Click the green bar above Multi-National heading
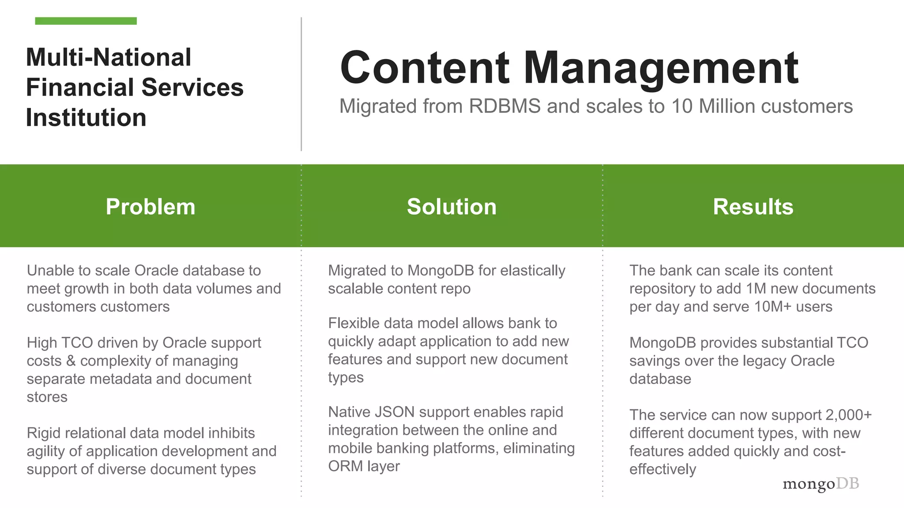(86, 21)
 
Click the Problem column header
(150, 206)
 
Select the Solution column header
(452, 206)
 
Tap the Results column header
(753, 206)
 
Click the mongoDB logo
(821, 484)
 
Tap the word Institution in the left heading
(86, 118)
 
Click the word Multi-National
(109, 58)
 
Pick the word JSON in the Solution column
(395, 412)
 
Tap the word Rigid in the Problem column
(44, 433)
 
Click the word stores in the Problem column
(47, 397)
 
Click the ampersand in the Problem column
(71, 361)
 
